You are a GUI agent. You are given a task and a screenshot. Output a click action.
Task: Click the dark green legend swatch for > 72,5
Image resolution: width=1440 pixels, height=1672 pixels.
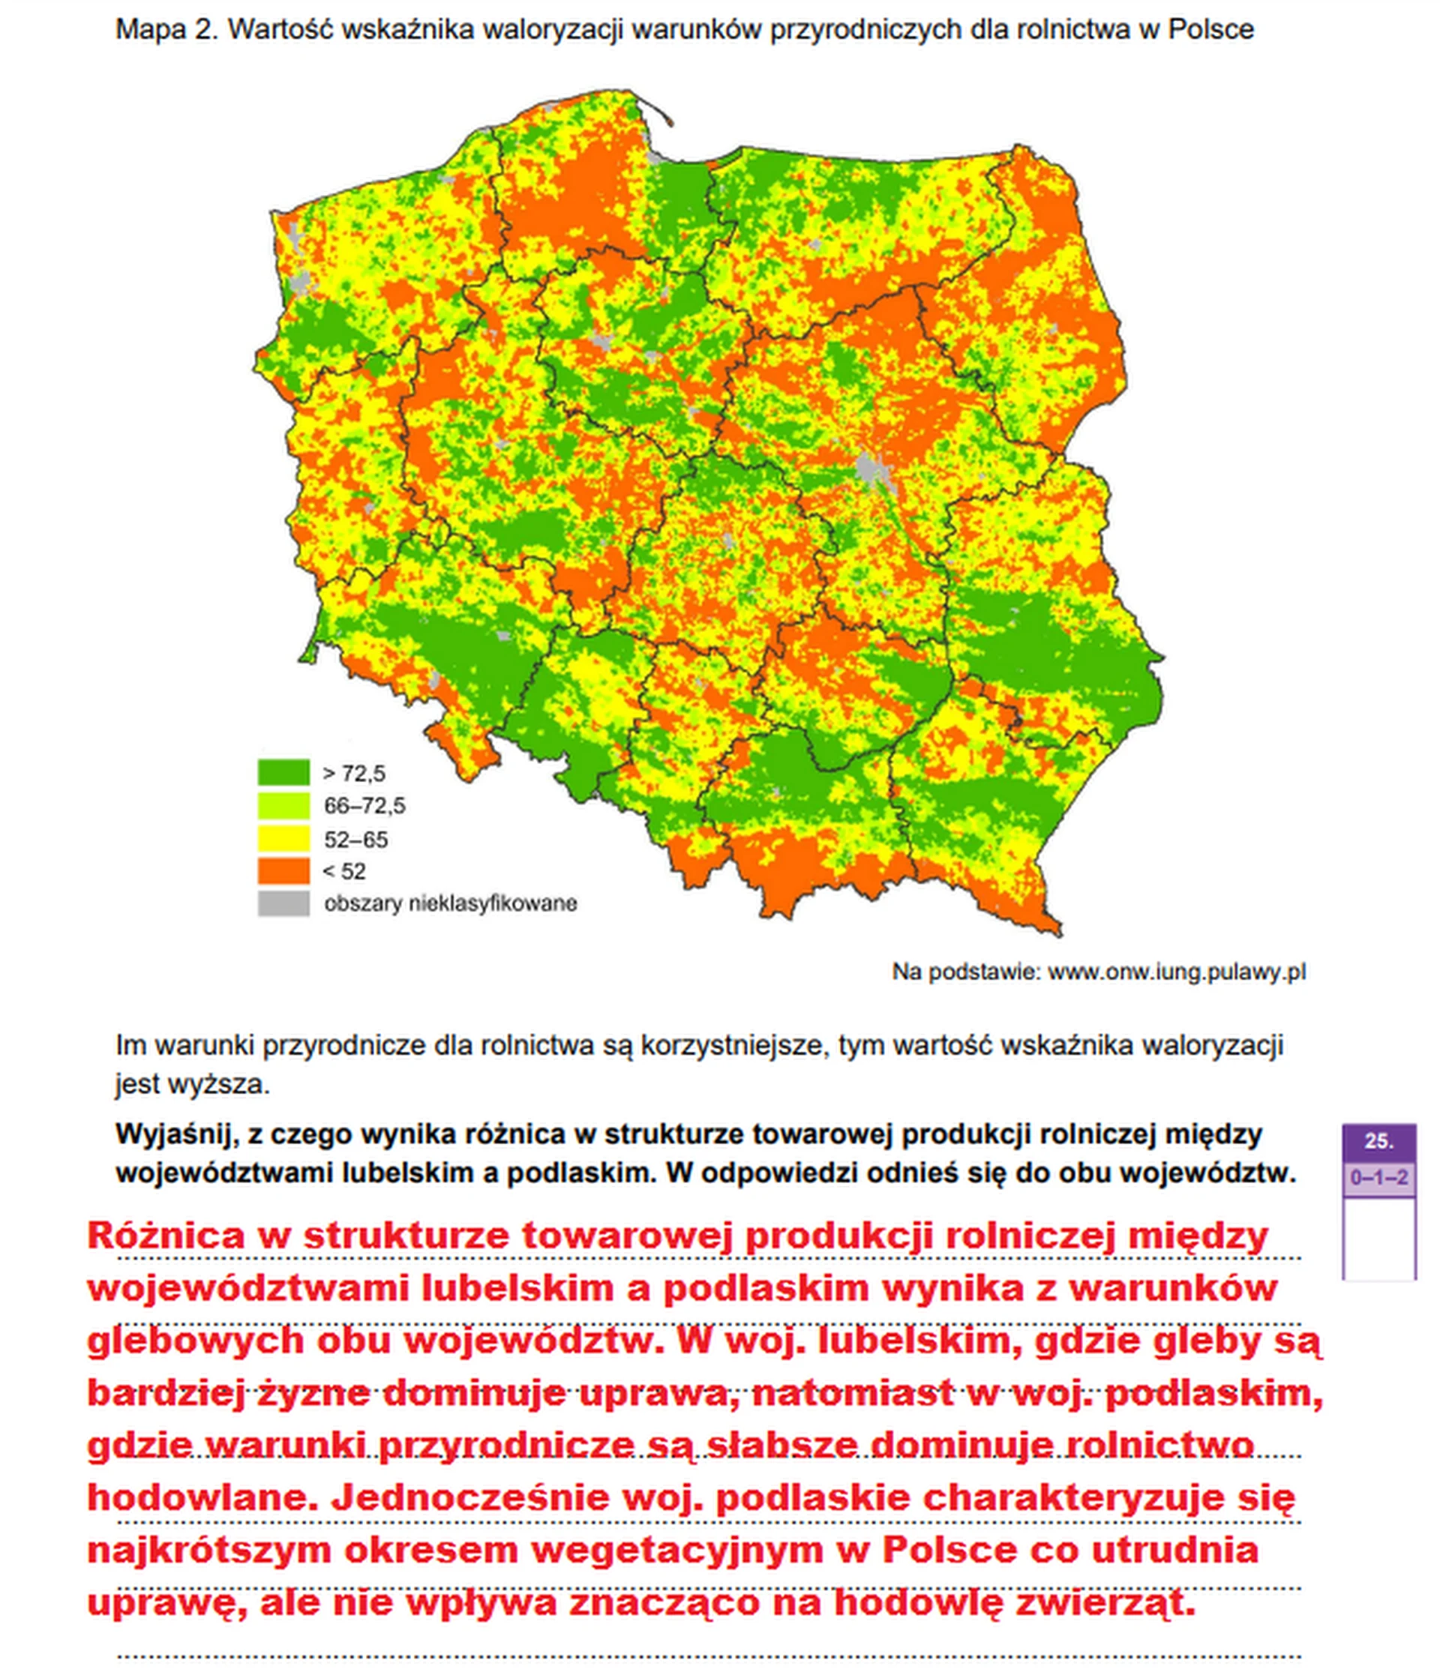pos(283,772)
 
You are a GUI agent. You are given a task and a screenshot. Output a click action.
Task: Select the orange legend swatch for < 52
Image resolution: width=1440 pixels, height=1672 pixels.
pos(283,870)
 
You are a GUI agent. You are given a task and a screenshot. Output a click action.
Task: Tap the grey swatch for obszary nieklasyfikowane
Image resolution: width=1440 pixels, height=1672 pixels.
pos(283,903)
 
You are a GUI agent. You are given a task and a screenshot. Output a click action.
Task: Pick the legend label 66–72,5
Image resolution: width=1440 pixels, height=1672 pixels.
pos(364,805)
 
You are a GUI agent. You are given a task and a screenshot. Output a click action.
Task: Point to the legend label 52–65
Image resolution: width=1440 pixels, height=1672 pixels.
pos(356,839)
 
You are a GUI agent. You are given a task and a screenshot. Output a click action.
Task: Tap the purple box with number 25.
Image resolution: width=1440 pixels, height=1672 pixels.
pos(1378,1141)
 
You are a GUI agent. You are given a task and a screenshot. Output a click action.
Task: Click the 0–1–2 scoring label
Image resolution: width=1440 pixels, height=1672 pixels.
pos(1378,1178)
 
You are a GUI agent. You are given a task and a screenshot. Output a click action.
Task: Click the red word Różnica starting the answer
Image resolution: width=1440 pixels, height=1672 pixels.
pos(166,1236)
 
